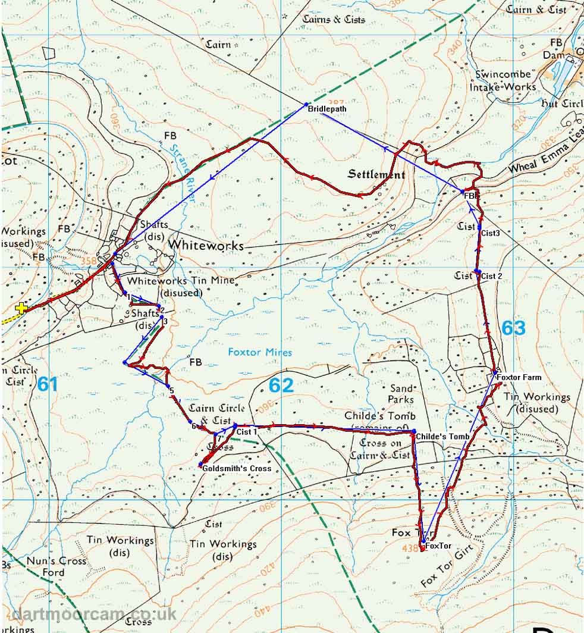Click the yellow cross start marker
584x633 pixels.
pyautogui.click(x=21, y=308)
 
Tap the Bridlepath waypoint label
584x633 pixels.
pyautogui.click(x=326, y=109)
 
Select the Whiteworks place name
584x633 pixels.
pyautogui.click(x=206, y=245)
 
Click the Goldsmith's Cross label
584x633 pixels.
pyautogui.click(x=237, y=468)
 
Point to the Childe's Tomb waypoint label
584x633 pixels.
pyautogui.click(x=442, y=437)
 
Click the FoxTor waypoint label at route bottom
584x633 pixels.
pyautogui.click(x=436, y=545)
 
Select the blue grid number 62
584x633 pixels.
pyautogui.click(x=281, y=386)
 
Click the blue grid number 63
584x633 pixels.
pyautogui.click(x=513, y=328)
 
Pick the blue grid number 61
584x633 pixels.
pyautogui.click(x=48, y=384)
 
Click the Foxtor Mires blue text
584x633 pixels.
pyautogui.click(x=260, y=352)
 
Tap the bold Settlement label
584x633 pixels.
pyautogui.click(x=376, y=175)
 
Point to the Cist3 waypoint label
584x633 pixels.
pyautogui.click(x=491, y=233)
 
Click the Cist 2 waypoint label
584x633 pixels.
pyautogui.click(x=492, y=276)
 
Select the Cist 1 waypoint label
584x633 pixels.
pyautogui.click(x=246, y=431)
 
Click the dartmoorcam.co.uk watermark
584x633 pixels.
pyautogui.click(x=94, y=614)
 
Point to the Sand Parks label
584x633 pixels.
pyautogui.click(x=401, y=393)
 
